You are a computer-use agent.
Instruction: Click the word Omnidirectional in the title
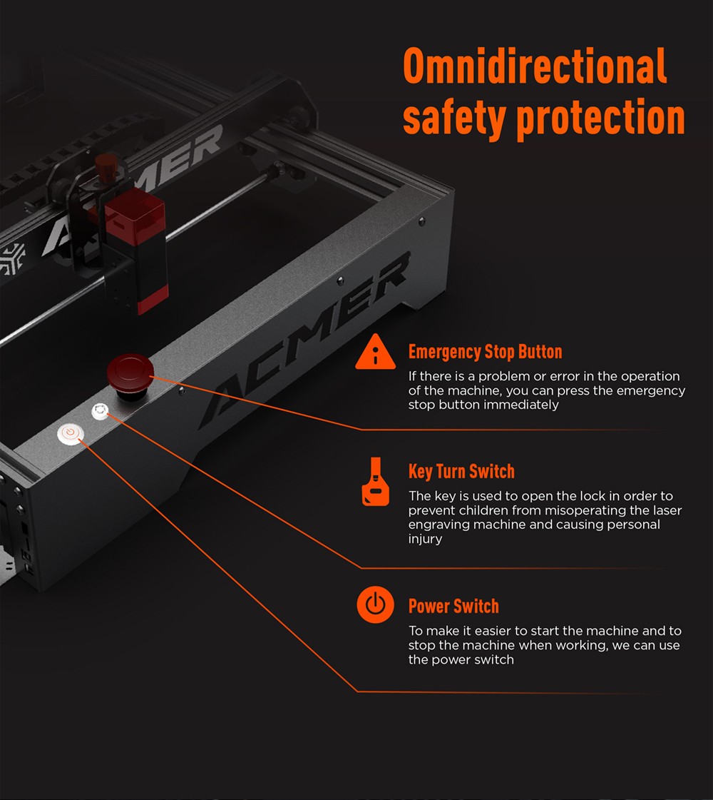coord(535,67)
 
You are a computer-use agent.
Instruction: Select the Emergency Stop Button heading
coord(485,352)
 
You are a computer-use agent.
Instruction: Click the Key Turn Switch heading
coord(461,472)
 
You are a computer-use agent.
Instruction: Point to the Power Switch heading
coord(453,607)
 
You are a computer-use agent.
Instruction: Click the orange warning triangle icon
coord(375,353)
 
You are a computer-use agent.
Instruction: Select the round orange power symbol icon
coord(375,606)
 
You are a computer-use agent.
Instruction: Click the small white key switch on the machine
coord(100,411)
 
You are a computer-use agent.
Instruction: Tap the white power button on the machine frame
coord(70,433)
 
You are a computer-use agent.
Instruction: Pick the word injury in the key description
coord(425,539)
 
